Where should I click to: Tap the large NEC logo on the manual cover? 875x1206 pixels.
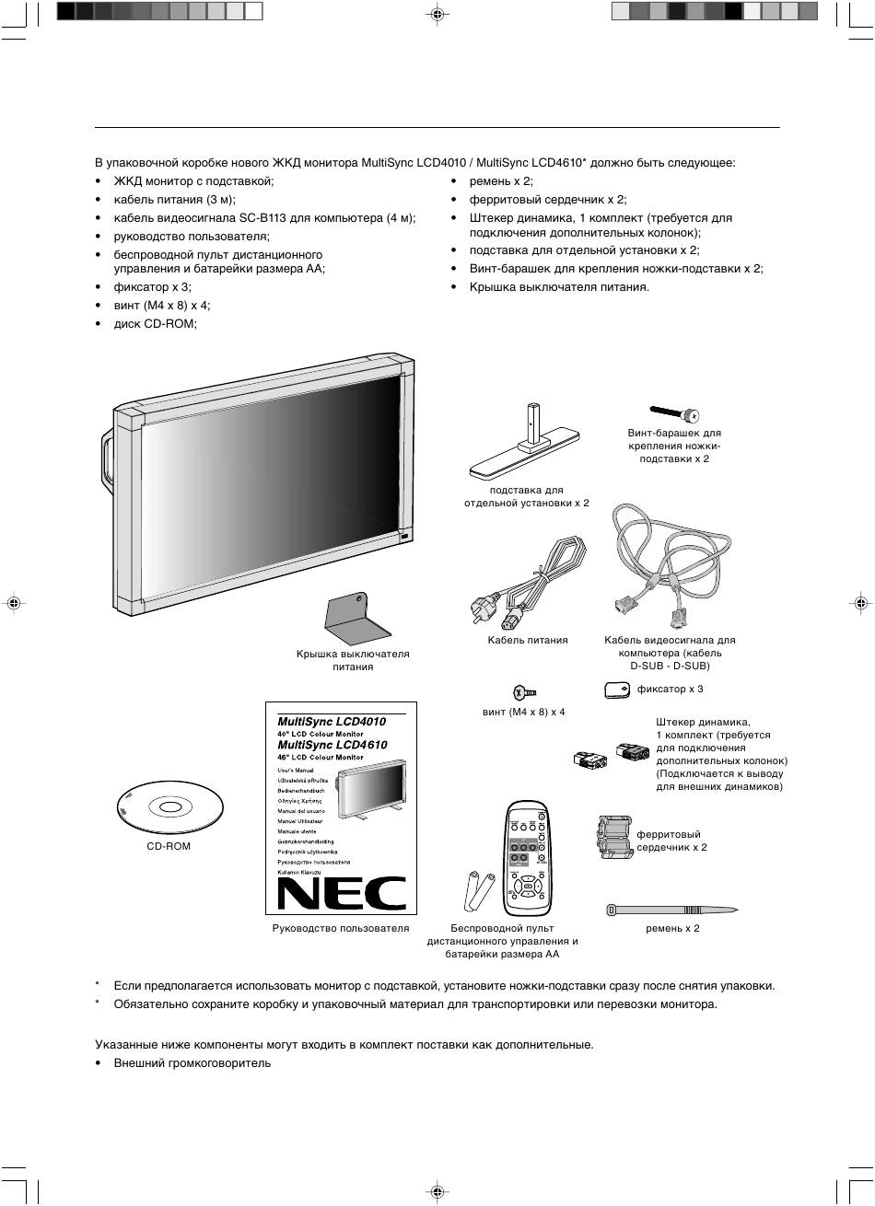342,892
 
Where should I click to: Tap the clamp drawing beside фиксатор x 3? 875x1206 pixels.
617,689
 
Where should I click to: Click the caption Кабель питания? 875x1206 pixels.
527,640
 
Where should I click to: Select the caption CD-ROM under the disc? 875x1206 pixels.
169,845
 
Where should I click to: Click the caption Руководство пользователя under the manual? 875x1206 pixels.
341,928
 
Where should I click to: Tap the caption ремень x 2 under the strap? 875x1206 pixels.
672,928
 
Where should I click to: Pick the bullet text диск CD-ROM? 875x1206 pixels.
155,323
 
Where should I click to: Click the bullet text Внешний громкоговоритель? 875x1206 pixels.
192,1062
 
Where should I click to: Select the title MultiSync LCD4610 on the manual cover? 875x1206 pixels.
332,744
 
